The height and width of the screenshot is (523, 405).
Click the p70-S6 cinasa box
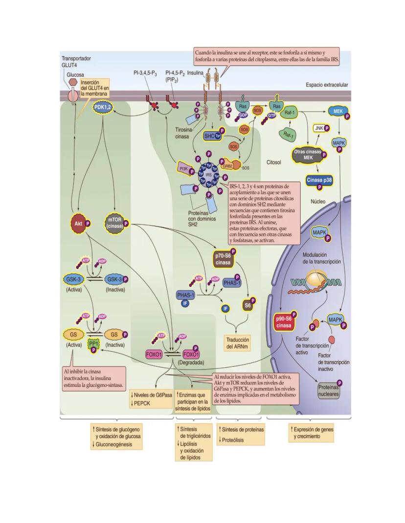coord(224,258)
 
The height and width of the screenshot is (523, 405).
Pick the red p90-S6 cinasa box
coord(285,323)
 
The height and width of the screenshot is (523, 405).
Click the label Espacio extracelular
coord(326,84)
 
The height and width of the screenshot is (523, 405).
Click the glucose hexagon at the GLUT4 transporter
coord(72,83)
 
